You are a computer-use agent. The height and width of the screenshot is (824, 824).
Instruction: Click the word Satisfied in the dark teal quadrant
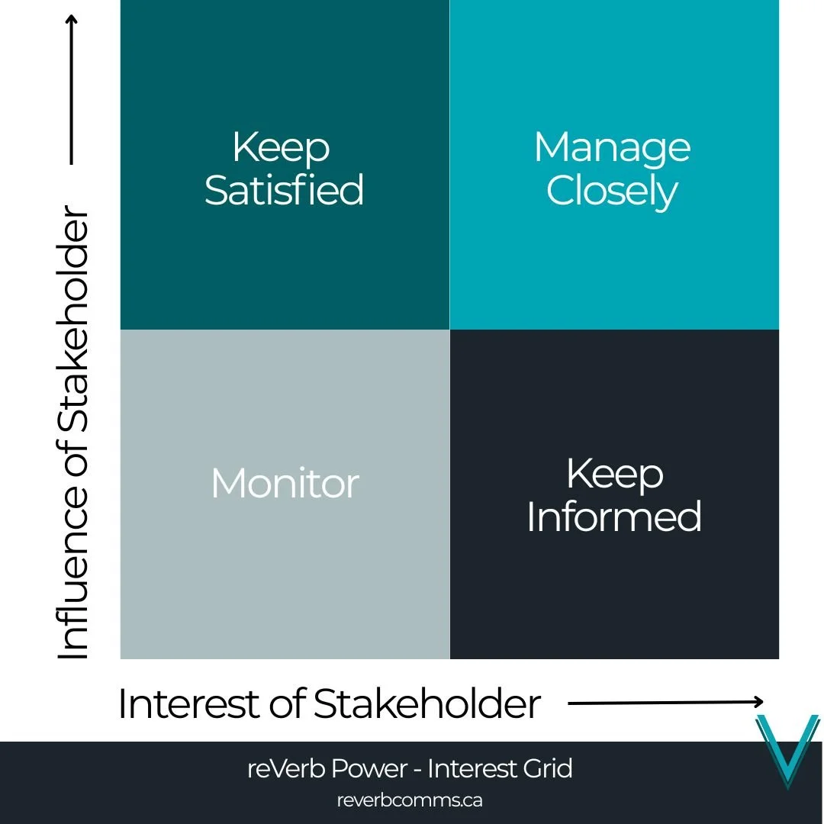click(x=284, y=190)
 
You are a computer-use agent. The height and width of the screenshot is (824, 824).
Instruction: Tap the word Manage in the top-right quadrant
click(x=612, y=147)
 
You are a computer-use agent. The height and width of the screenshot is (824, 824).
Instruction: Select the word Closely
click(x=612, y=192)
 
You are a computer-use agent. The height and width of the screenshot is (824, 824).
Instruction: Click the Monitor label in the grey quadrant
click(x=285, y=484)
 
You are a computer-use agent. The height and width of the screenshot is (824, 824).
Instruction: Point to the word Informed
click(x=614, y=517)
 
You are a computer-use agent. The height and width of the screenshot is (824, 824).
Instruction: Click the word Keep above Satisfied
click(x=281, y=147)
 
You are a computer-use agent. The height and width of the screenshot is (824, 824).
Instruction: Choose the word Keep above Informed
click(x=615, y=474)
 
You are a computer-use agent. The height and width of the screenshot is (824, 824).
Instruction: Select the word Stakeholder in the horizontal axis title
click(x=426, y=703)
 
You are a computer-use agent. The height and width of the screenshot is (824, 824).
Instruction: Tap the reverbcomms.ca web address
click(x=409, y=800)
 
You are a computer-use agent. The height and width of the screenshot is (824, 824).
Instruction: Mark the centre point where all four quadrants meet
click(x=449, y=330)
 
